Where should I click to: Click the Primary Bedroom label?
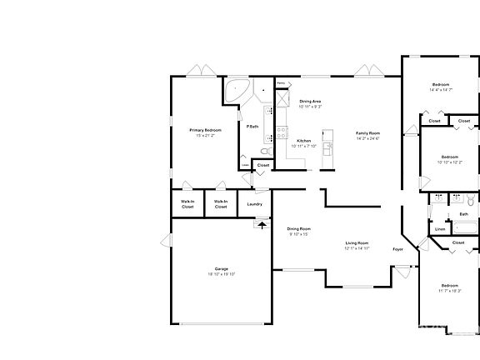click(205, 130)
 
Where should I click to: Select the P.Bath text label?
click(251, 126)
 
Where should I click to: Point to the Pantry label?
click(281, 83)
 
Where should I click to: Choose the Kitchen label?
click(304, 141)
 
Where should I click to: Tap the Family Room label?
click(367, 133)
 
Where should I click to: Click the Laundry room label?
click(255, 204)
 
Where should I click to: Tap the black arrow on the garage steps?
click(263, 223)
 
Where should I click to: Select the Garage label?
click(222, 268)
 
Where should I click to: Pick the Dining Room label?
click(299, 228)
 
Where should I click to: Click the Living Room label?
click(357, 243)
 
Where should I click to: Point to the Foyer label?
click(398, 249)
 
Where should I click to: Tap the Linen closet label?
click(440, 229)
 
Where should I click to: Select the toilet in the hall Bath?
click(470, 201)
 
